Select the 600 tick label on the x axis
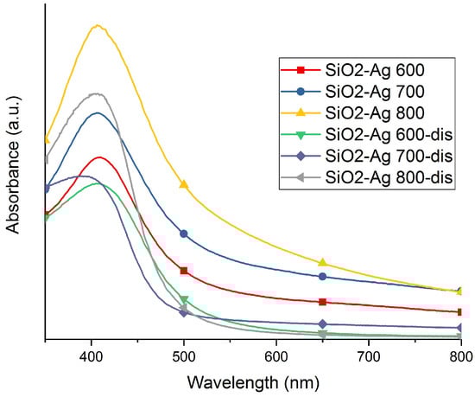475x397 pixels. [x=276, y=355]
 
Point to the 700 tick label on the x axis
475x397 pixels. [x=369, y=355]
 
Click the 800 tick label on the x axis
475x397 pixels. [x=460, y=355]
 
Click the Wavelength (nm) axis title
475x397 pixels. [x=253, y=381]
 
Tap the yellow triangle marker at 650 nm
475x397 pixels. [x=322, y=262]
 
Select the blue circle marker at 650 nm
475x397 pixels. [x=322, y=277]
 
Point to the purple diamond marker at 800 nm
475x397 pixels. [x=460, y=328]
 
